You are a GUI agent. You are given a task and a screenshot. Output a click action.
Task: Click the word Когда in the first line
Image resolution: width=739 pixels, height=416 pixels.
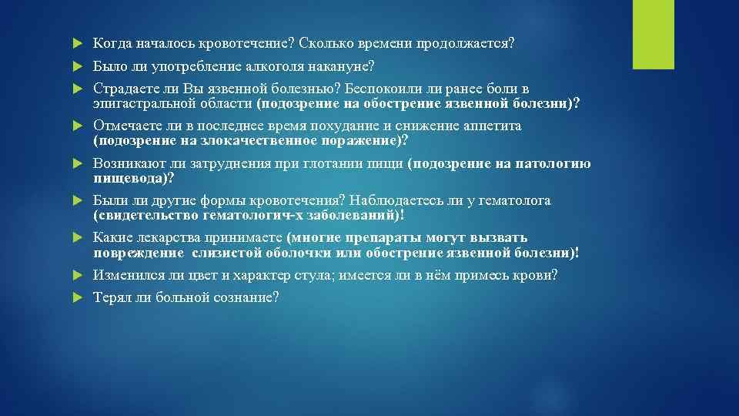[x=113, y=43]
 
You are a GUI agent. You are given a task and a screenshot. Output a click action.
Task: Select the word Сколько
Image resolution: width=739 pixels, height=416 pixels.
[x=325, y=43]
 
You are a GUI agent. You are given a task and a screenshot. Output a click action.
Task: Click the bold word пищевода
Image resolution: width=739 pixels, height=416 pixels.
[x=130, y=177]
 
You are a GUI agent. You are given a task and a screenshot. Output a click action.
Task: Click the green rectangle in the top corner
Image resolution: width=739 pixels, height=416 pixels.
[x=652, y=35]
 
